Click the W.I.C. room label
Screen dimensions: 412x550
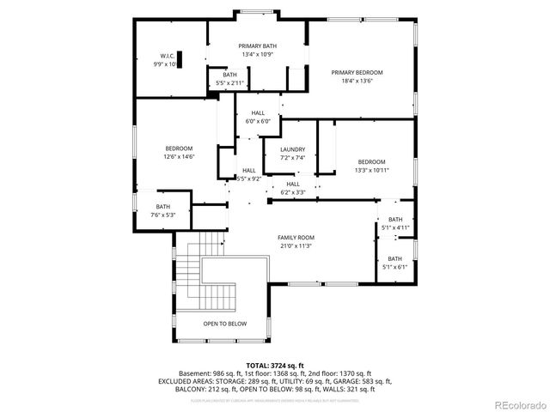tap(165, 57)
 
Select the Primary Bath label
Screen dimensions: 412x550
tap(256, 46)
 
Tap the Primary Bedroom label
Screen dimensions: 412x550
tap(357, 72)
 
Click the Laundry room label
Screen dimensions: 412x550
tap(292, 149)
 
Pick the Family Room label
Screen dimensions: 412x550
tap(296, 237)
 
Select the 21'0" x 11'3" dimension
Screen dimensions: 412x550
tap(296, 246)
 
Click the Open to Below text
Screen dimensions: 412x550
tap(224, 324)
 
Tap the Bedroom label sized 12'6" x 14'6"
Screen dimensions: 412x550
tap(179, 148)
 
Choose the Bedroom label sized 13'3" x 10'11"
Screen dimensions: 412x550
tap(371, 161)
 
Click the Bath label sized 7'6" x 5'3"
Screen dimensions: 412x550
tap(162, 207)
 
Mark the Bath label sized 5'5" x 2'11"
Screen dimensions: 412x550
tap(229, 75)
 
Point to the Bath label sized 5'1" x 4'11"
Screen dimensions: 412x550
tap(394, 220)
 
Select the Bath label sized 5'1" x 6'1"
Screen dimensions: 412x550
tap(394, 258)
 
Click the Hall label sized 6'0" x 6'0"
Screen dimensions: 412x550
tap(258, 113)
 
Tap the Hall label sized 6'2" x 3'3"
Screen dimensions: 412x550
tap(292, 184)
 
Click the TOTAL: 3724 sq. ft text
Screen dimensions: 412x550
tap(275, 365)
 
